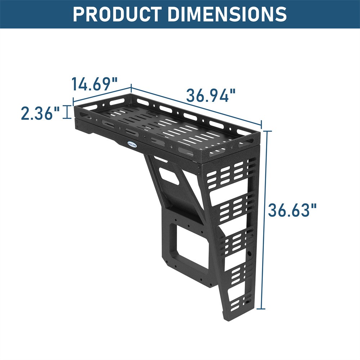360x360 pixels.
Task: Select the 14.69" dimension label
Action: [95, 84]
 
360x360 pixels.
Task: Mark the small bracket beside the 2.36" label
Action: [66, 112]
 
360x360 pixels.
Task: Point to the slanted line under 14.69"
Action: [102, 94]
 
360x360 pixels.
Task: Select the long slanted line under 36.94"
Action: [196, 107]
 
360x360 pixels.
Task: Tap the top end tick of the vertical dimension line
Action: [266, 131]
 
